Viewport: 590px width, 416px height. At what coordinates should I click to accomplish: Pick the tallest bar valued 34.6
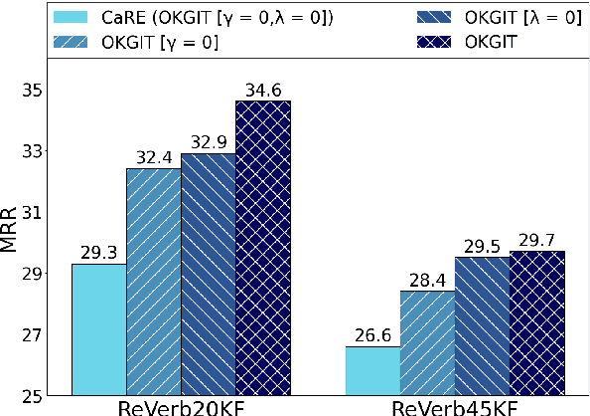pos(262,248)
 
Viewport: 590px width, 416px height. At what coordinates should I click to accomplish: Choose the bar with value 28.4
pos(427,342)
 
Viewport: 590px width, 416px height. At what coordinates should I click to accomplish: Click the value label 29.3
pos(98,254)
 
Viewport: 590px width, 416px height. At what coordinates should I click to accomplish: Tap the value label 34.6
pos(262,91)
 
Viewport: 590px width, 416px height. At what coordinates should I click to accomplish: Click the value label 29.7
pos(536,241)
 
